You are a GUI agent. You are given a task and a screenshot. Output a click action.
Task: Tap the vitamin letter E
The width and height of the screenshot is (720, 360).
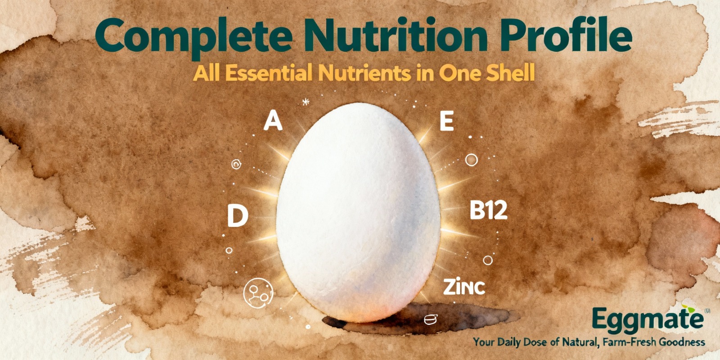[x=446, y=121]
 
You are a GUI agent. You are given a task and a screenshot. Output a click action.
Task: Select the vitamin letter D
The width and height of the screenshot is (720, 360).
[x=238, y=216]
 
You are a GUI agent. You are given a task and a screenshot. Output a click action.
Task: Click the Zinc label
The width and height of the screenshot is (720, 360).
[x=464, y=288]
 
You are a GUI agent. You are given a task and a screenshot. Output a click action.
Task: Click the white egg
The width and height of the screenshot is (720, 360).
[x=358, y=212]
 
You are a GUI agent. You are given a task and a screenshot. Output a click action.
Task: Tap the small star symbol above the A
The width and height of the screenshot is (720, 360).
[x=306, y=102]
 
